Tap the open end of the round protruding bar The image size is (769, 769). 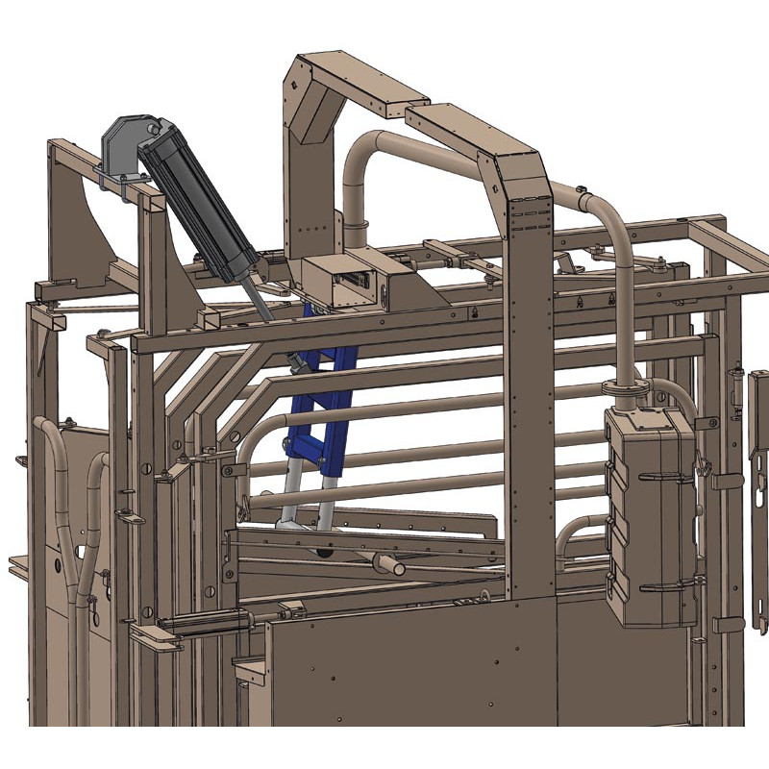coord(397,566)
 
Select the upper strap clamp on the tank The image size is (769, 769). coord(663,477)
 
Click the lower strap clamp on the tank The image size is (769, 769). coord(663,583)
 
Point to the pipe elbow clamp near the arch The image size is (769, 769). coord(356,231)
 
